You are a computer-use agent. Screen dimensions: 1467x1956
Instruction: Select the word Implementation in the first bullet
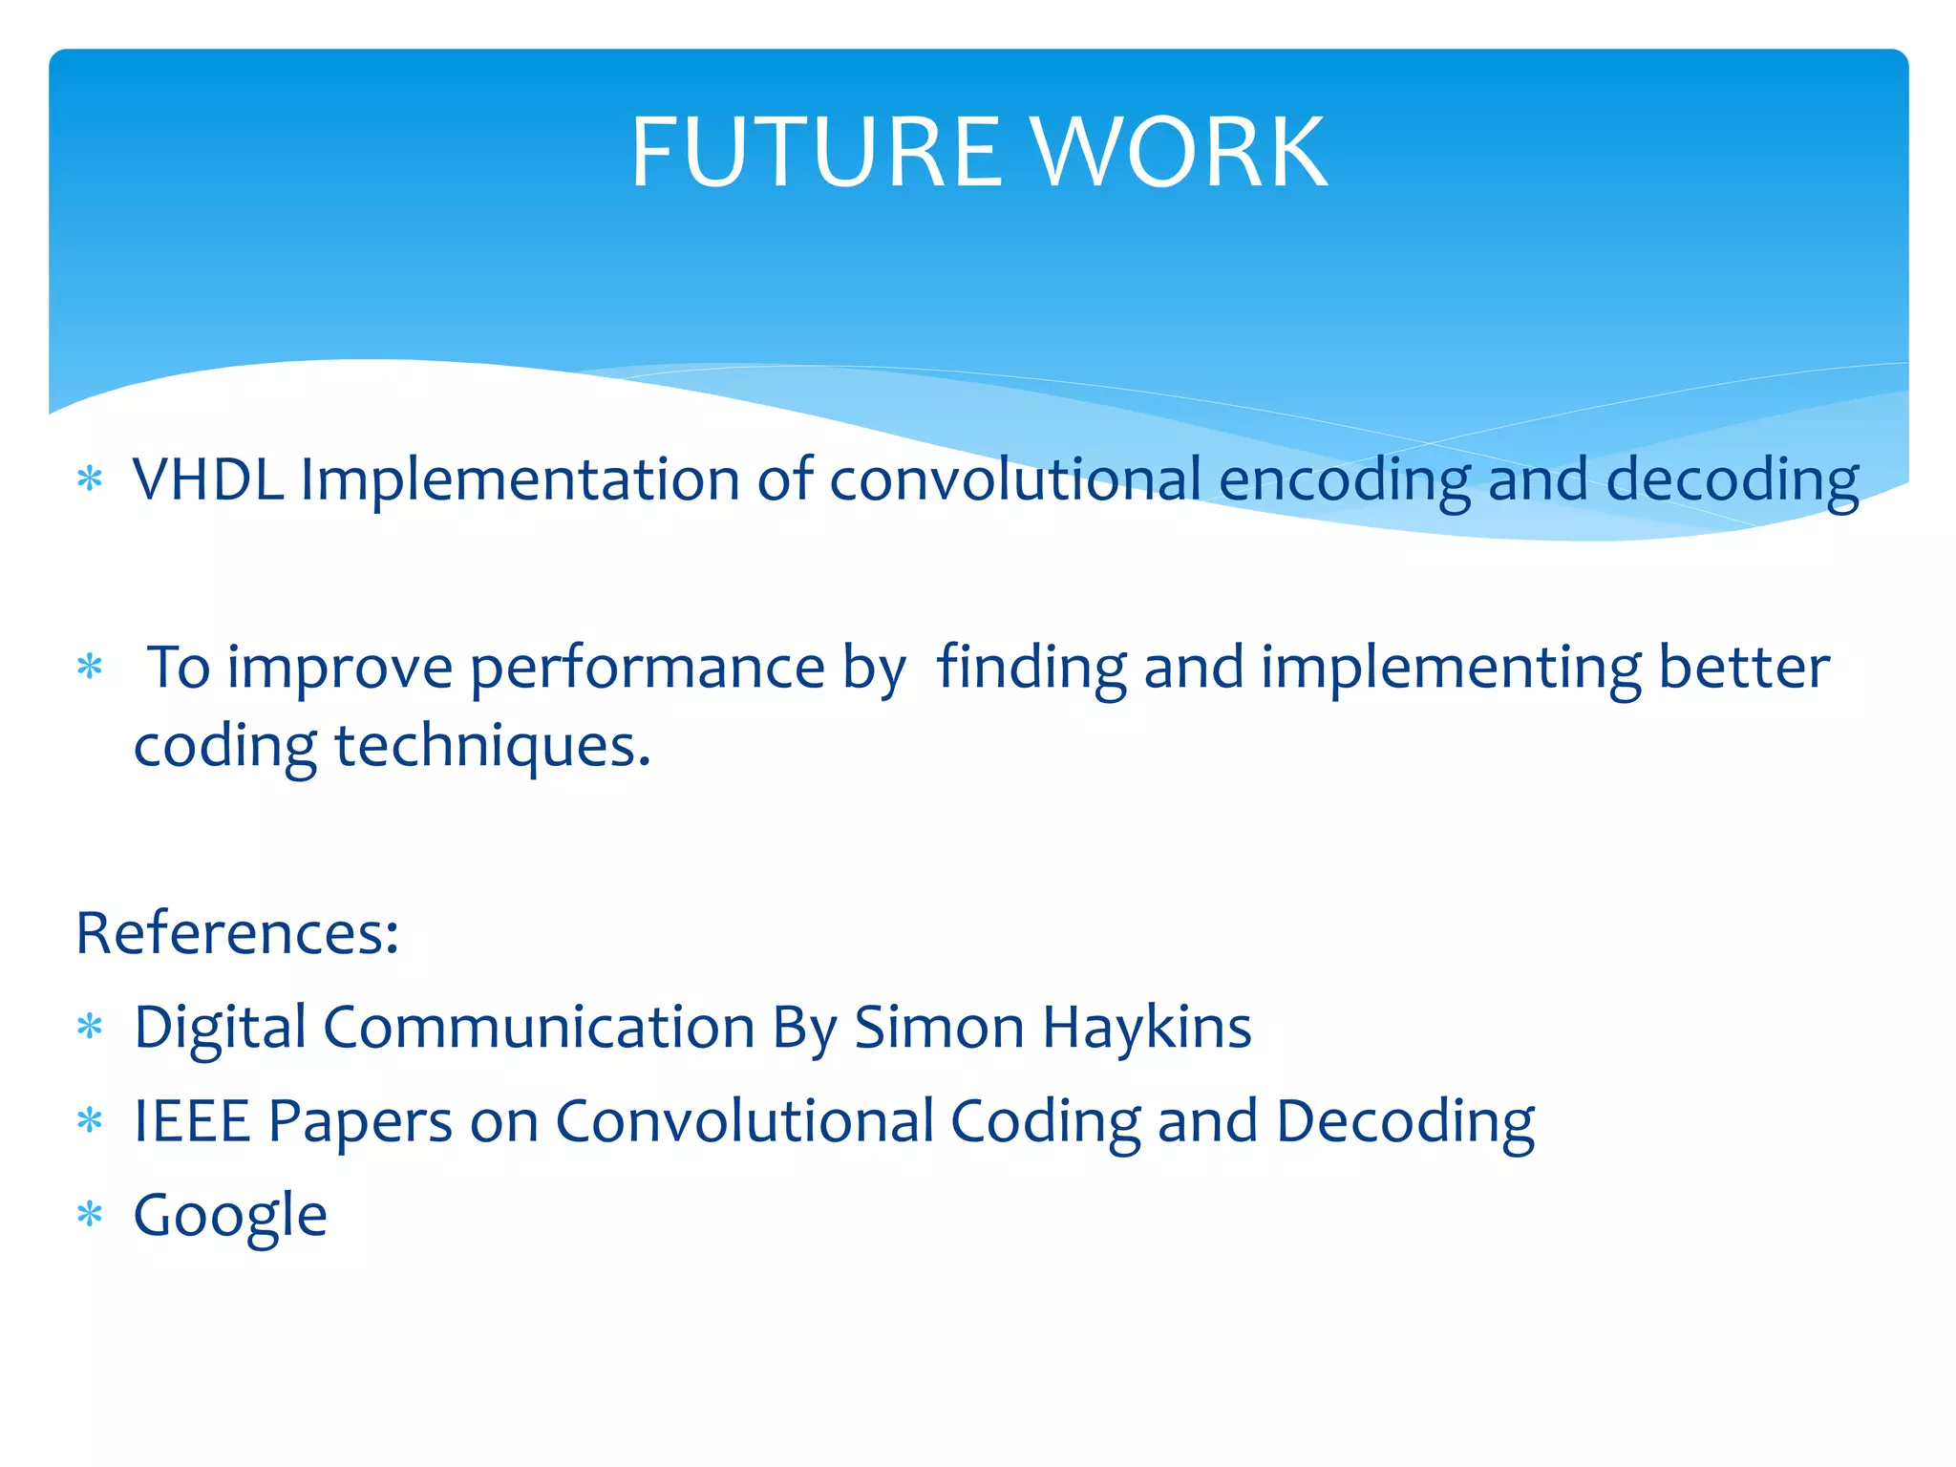click(x=520, y=478)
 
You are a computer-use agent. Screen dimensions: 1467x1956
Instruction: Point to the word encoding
click(x=1345, y=480)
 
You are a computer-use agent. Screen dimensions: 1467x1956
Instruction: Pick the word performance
click(x=647, y=669)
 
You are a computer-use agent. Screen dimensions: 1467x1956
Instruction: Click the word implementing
click(x=1450, y=669)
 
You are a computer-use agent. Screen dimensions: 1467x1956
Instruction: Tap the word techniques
click(x=492, y=746)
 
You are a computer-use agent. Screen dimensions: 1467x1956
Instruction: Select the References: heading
click(x=237, y=932)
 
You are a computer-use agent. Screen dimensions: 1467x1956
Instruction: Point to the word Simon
click(x=939, y=1028)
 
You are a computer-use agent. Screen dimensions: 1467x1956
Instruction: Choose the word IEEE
click(x=192, y=1121)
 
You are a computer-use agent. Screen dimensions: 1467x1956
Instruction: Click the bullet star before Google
click(x=90, y=1216)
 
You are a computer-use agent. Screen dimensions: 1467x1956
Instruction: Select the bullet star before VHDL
click(x=90, y=478)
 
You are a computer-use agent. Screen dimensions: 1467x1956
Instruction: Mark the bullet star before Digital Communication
click(x=90, y=1028)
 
